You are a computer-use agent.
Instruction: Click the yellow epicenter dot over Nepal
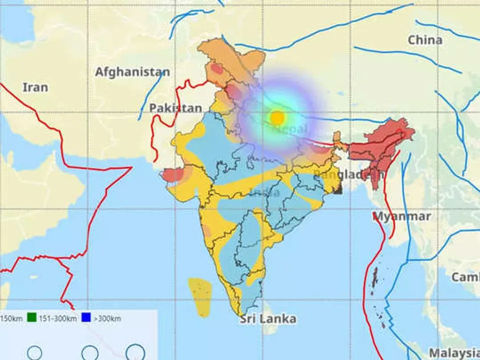[277, 117]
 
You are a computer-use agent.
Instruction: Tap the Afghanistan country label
[132, 72]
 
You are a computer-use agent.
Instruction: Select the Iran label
[35, 87]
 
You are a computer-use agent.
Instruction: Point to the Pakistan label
[175, 108]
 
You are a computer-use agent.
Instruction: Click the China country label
[425, 40]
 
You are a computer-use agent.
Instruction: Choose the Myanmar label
[402, 216]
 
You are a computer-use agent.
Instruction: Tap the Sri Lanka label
[267, 319]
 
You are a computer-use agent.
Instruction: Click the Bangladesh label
[349, 174]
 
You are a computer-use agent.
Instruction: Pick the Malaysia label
[454, 352]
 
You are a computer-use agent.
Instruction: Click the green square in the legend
[31, 317]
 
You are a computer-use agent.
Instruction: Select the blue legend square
[85, 317]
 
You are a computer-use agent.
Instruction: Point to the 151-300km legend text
[57, 318]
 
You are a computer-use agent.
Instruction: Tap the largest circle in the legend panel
[135, 352]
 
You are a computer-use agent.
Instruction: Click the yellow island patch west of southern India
[200, 297]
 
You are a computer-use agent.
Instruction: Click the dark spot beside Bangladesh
[338, 189]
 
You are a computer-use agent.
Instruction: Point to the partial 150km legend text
[11, 318]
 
